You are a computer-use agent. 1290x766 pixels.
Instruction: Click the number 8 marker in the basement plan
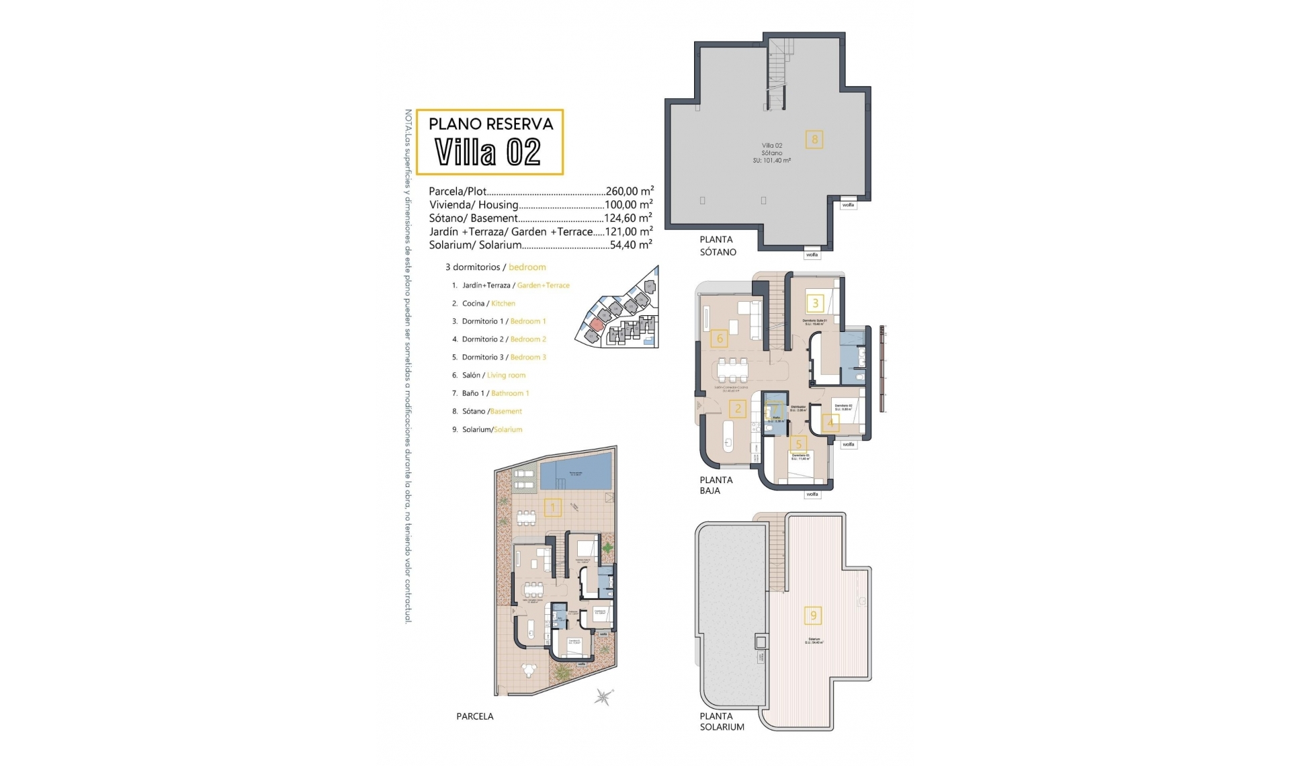tap(814, 140)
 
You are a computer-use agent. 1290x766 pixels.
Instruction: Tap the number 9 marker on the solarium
tap(814, 615)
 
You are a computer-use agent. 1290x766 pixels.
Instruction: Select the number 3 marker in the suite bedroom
tap(816, 303)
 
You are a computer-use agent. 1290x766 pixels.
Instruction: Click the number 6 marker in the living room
tap(720, 338)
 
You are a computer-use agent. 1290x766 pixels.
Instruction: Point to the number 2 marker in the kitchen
tap(738, 409)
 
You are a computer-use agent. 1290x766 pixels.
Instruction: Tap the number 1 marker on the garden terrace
tap(553, 507)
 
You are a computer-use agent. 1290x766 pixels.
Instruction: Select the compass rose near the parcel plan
tap(603, 697)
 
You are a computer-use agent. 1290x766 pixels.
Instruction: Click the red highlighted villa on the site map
tap(594, 325)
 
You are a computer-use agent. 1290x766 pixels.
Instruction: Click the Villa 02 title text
tap(488, 153)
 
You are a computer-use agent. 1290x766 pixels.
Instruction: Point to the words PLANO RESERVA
tap(490, 124)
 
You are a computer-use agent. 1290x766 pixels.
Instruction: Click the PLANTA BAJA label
tap(716, 485)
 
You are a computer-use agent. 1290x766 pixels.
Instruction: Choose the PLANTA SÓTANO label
tap(718, 245)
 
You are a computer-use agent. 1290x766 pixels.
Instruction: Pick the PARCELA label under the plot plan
tap(474, 716)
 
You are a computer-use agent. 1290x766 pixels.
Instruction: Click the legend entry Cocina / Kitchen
tap(488, 304)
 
